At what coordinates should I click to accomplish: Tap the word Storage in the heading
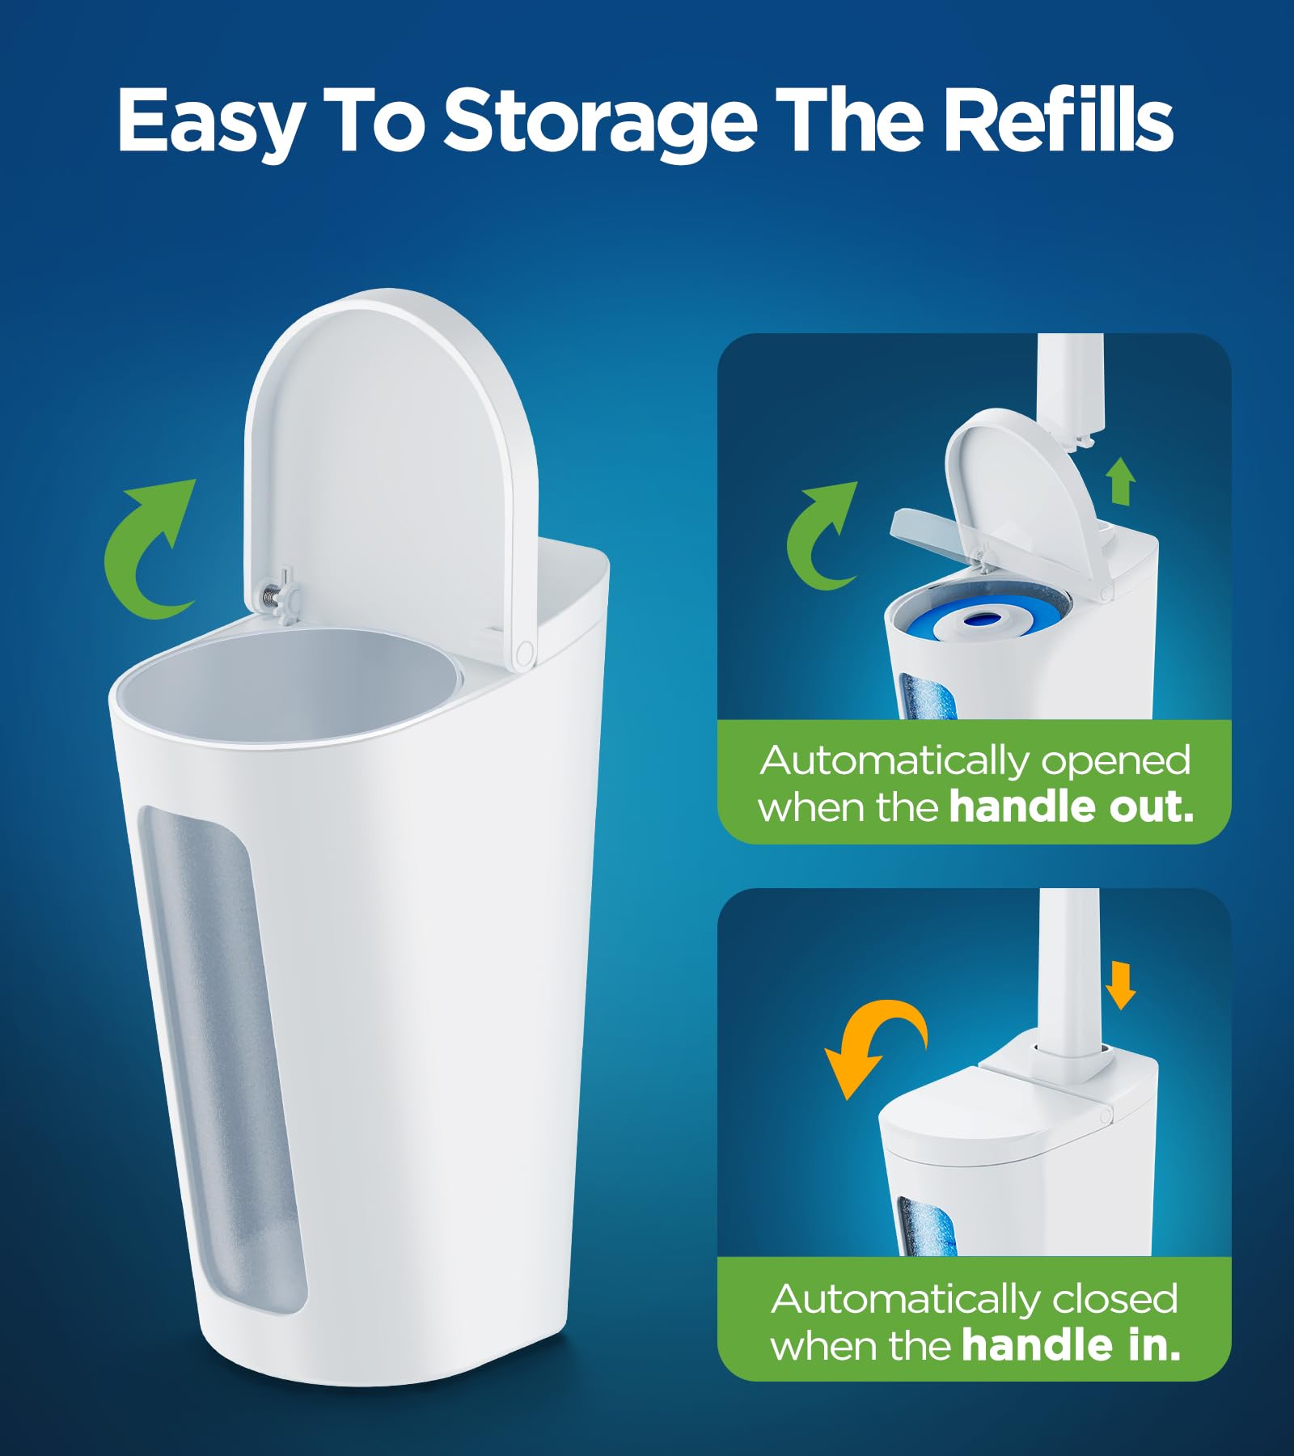(600, 121)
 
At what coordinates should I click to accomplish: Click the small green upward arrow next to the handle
(1121, 480)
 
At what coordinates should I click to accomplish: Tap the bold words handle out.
(1072, 807)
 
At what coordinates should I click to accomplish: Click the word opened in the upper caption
(1116, 761)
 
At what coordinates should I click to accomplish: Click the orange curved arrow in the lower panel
(873, 1043)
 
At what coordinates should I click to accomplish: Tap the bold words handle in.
(1072, 1345)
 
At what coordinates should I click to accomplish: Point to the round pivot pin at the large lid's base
(525, 650)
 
